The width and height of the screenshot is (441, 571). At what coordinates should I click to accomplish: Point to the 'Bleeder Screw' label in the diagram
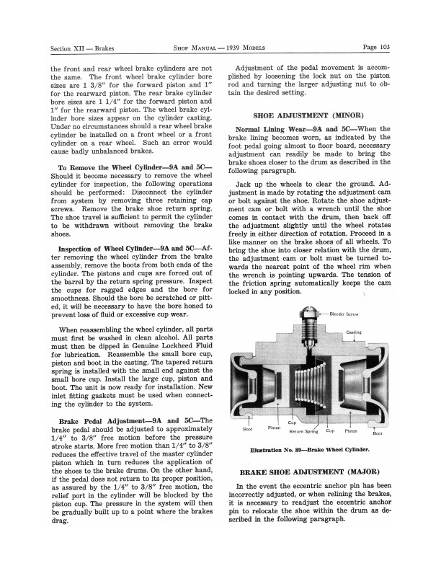(x=345, y=314)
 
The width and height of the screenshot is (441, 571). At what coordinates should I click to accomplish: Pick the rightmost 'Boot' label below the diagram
(x=377, y=433)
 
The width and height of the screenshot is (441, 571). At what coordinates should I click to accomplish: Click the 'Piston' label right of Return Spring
(x=351, y=431)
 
